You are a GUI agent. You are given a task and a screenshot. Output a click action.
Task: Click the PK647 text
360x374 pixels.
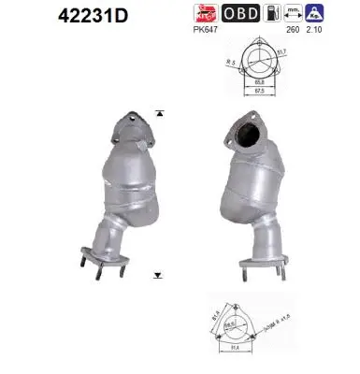(x=206, y=30)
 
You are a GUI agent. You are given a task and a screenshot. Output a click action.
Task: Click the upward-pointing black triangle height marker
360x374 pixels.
(x=160, y=114)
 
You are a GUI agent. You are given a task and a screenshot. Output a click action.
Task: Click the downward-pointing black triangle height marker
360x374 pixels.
(x=160, y=276)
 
